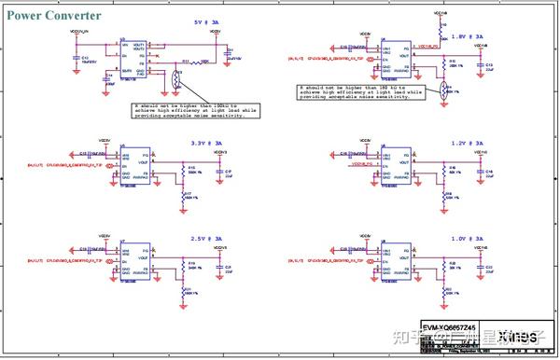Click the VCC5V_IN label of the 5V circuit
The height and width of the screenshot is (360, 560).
tap(81, 35)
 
